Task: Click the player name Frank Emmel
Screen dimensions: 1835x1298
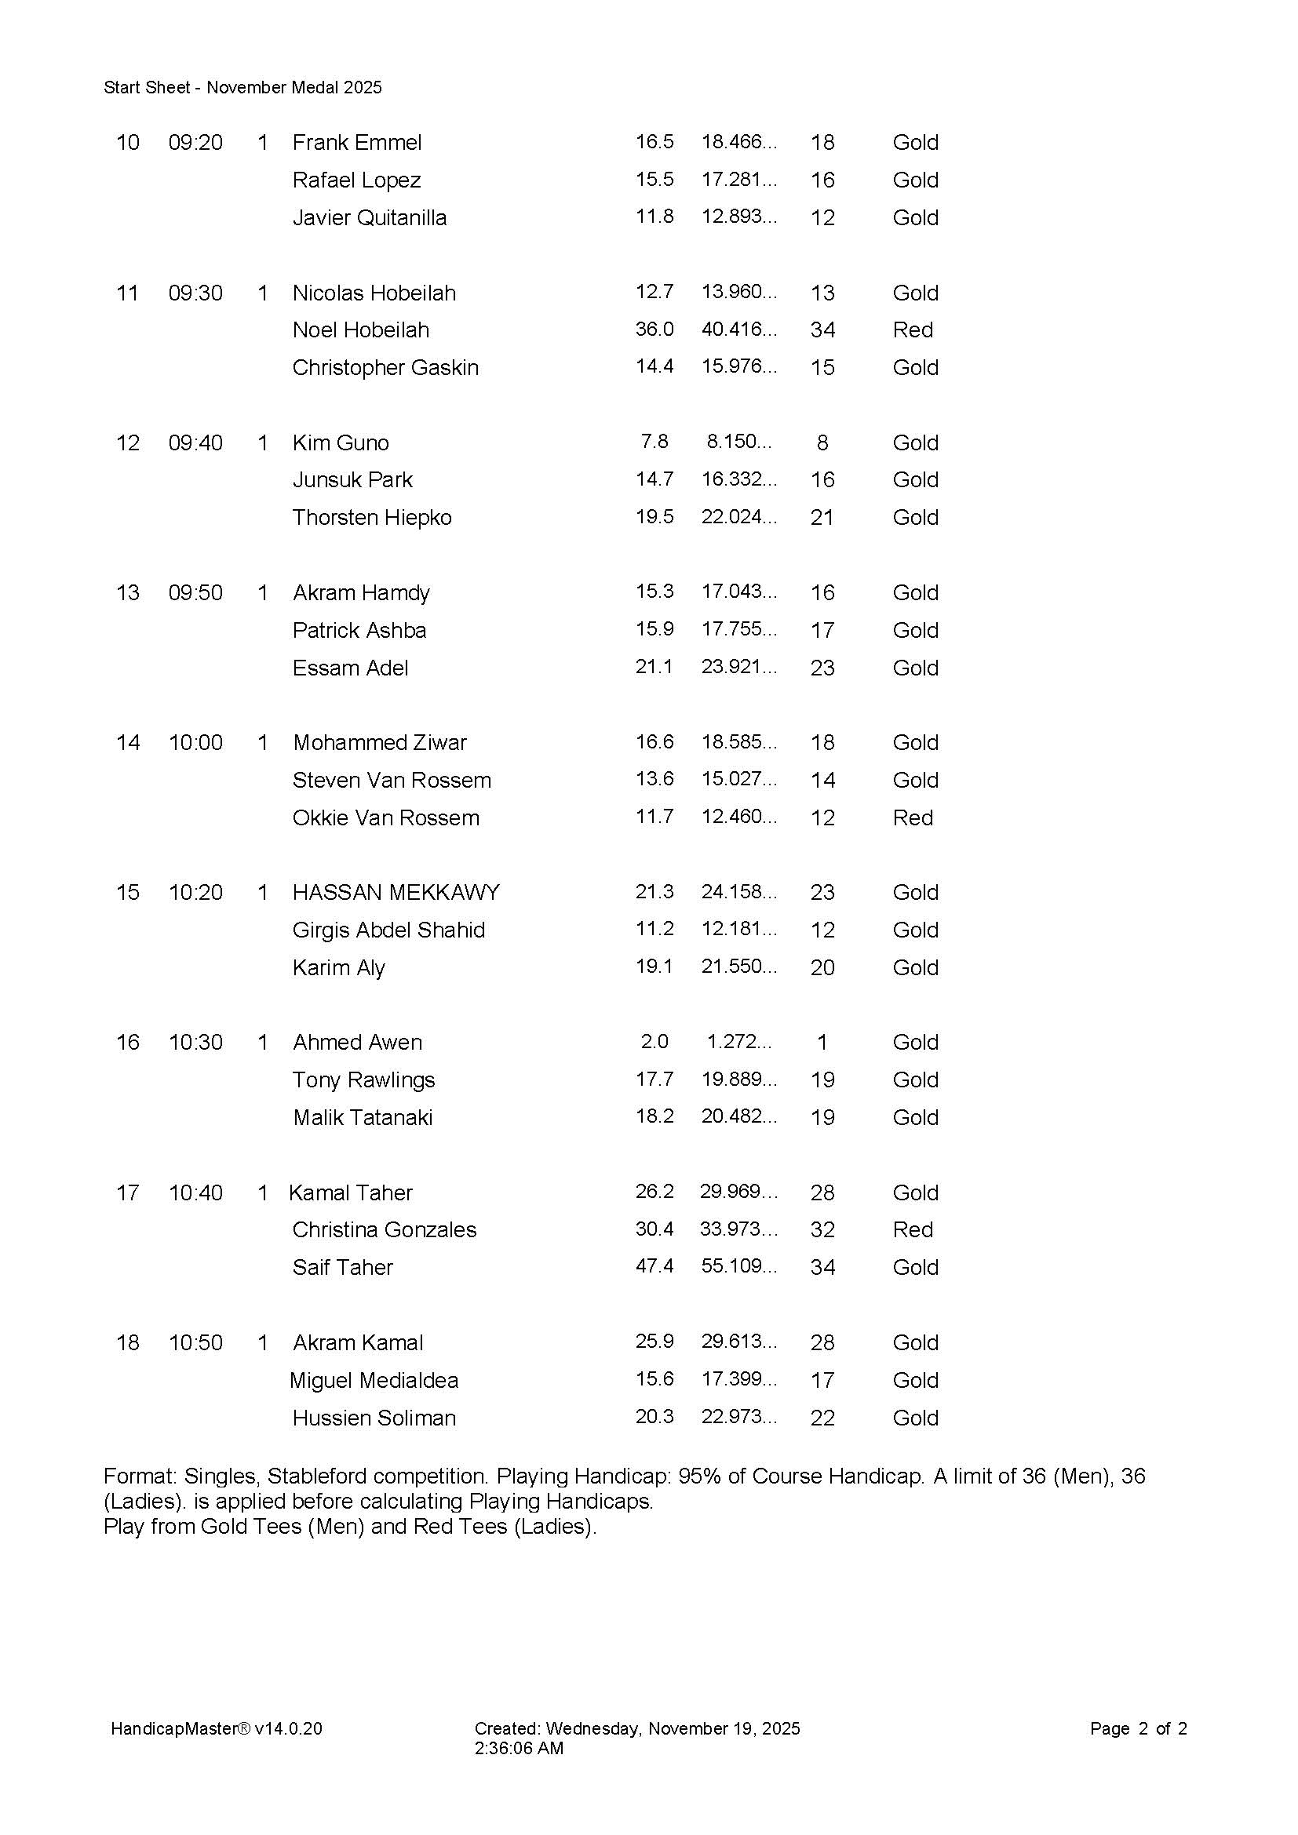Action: [x=356, y=142]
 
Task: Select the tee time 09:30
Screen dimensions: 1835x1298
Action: [x=195, y=293]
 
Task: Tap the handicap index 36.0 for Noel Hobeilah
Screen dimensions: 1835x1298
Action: [x=654, y=329]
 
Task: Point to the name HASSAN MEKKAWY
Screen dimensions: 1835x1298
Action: [x=396, y=892]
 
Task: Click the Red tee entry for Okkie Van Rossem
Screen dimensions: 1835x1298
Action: [x=913, y=817]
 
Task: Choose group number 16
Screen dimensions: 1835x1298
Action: [x=128, y=1042]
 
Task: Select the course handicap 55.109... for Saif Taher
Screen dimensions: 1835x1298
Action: [x=738, y=1267]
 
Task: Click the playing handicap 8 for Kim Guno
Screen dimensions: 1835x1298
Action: [x=822, y=442]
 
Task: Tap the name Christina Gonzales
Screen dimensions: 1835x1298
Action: [x=384, y=1229]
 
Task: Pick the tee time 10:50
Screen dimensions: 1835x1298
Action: [x=195, y=1342]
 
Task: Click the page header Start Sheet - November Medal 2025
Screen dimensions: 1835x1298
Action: [x=243, y=87]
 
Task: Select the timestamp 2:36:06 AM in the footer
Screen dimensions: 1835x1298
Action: [x=519, y=1748]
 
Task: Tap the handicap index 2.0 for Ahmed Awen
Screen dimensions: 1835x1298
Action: [x=654, y=1041]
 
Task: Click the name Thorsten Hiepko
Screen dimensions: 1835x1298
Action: [x=372, y=517]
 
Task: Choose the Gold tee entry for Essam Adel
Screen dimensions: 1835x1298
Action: [x=915, y=668]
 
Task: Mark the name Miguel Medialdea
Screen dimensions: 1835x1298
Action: [x=374, y=1380]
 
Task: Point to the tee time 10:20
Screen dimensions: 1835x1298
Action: [x=195, y=892]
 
